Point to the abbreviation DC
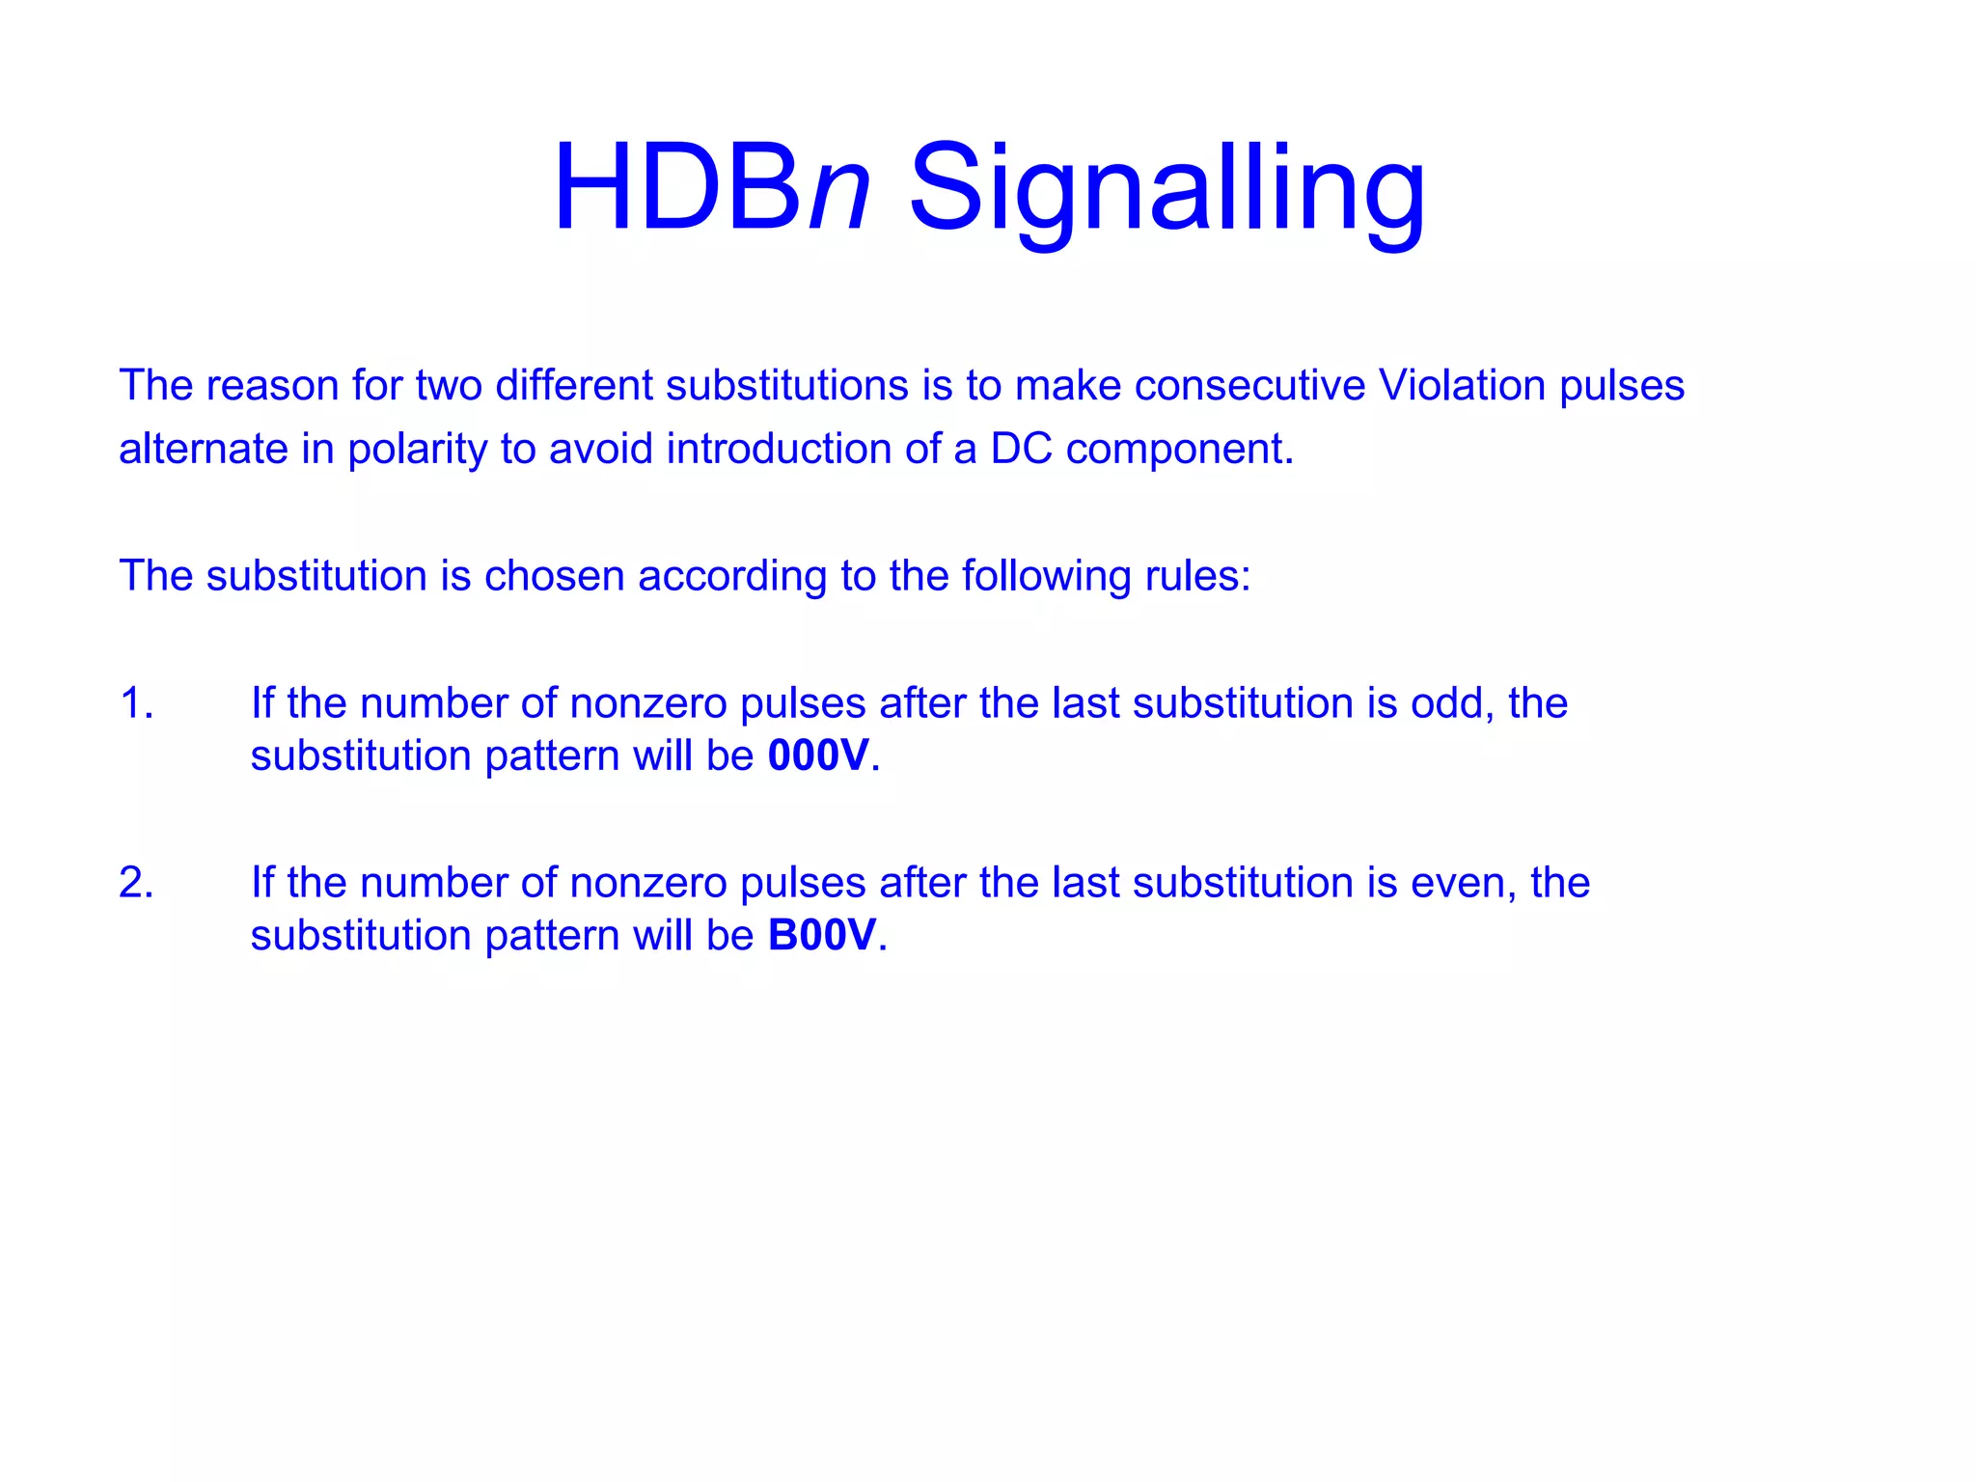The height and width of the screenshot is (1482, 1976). tap(1021, 449)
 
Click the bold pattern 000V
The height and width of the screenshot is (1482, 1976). tap(818, 755)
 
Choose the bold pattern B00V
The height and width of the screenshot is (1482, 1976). tap(822, 935)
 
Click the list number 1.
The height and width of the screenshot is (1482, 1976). tap(135, 703)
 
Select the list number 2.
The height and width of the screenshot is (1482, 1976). tap(135, 883)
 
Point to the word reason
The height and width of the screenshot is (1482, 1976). tap(272, 385)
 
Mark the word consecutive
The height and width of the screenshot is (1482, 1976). tap(1249, 385)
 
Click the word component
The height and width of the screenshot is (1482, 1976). tap(1178, 449)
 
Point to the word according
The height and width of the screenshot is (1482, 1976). tap(732, 576)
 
